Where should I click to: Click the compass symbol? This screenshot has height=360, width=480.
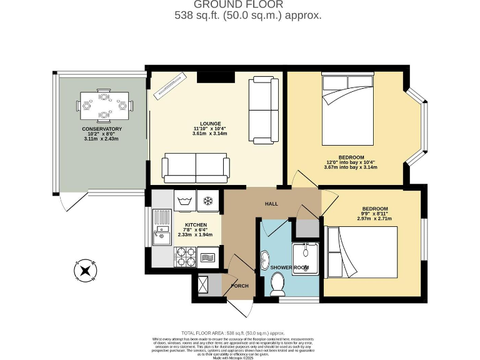pos(84,271)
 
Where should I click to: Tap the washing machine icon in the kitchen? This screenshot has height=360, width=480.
pos(184,201)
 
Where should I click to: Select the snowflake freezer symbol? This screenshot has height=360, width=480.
pos(208,201)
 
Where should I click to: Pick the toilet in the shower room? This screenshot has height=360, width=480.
pos(278,284)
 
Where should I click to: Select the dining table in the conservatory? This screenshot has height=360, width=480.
pos(104,105)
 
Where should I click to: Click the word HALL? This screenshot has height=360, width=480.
pos(271,204)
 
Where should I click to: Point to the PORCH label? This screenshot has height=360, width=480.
pos(239,286)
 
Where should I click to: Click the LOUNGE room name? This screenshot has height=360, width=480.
pos(209,123)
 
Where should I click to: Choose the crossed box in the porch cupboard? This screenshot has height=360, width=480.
pos(203,286)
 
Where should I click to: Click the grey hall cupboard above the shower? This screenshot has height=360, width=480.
pos(306,228)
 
